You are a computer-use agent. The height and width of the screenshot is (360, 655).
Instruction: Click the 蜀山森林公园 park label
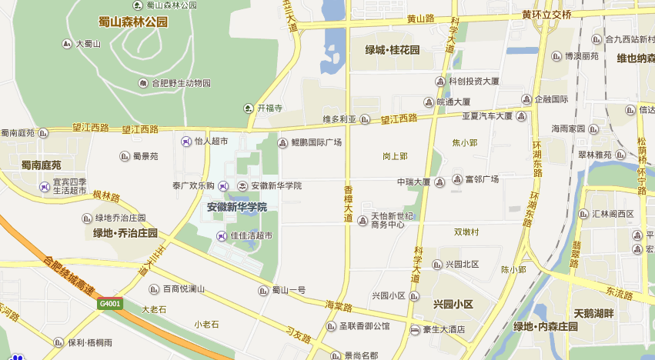click(x=133, y=22)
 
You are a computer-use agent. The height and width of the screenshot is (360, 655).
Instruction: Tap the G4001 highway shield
click(x=110, y=304)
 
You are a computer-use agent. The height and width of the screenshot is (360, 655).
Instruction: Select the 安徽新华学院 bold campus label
click(x=237, y=207)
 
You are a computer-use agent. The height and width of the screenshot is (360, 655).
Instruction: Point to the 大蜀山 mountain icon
click(x=68, y=44)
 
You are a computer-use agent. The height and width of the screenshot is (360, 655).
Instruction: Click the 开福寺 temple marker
click(x=249, y=108)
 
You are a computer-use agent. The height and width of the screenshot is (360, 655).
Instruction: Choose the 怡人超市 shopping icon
click(x=185, y=142)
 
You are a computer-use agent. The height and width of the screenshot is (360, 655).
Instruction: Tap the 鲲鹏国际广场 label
click(x=316, y=142)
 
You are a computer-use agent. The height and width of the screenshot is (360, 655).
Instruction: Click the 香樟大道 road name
click(x=348, y=205)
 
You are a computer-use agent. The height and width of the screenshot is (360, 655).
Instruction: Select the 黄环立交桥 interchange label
click(x=546, y=15)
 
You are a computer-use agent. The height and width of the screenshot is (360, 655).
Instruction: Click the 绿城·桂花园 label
click(x=393, y=50)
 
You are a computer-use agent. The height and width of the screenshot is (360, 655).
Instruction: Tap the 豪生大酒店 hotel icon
click(x=415, y=330)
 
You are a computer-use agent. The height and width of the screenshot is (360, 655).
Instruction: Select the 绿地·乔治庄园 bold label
click(x=125, y=232)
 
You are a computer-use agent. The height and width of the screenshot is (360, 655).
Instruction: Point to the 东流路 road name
click(x=618, y=294)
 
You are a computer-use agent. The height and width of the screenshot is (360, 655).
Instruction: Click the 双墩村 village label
click(x=466, y=232)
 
